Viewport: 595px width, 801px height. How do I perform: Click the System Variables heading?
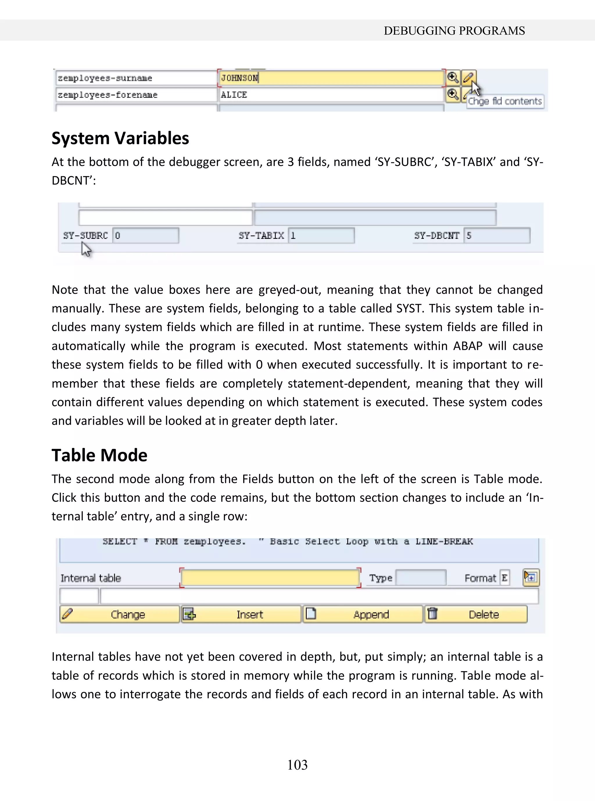point(120,138)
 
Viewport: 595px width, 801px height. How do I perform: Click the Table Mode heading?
point(99,455)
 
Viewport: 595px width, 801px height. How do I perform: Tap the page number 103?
point(297,765)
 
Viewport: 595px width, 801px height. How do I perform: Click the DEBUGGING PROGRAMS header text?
point(454,31)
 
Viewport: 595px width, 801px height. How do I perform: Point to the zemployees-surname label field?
point(136,78)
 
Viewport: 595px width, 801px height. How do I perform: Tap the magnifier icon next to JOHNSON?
point(453,78)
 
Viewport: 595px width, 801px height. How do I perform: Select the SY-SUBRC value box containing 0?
point(146,236)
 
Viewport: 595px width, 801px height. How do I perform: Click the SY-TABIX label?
point(261,236)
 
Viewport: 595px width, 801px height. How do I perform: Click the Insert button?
point(241,614)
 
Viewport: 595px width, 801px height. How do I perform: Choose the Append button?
point(362,614)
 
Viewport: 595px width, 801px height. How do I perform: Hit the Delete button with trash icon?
point(476,614)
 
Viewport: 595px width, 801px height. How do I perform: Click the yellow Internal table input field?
point(270,578)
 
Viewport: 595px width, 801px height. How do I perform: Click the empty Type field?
point(421,578)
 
